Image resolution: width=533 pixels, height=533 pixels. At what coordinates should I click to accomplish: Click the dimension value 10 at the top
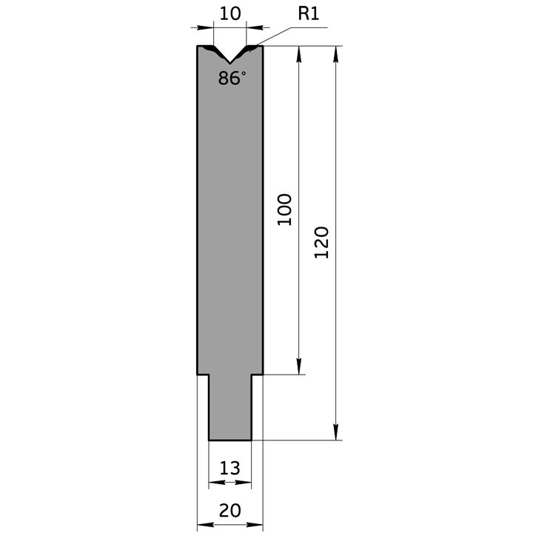(x=230, y=14)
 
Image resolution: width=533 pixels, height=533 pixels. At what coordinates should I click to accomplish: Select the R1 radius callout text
(x=309, y=14)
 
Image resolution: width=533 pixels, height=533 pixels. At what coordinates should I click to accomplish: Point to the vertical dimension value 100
(x=284, y=209)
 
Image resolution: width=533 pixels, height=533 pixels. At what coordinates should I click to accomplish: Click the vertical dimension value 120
(x=321, y=243)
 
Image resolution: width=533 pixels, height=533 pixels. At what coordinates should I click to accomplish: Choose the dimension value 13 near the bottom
(x=229, y=468)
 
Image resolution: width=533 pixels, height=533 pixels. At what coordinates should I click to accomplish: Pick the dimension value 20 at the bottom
(x=229, y=511)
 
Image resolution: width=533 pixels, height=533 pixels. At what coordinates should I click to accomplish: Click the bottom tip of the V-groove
(x=230, y=63)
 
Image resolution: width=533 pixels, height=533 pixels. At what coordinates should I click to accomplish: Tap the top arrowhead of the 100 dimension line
(x=299, y=54)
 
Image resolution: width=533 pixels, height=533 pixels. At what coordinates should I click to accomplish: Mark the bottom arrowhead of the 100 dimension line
(x=299, y=366)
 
